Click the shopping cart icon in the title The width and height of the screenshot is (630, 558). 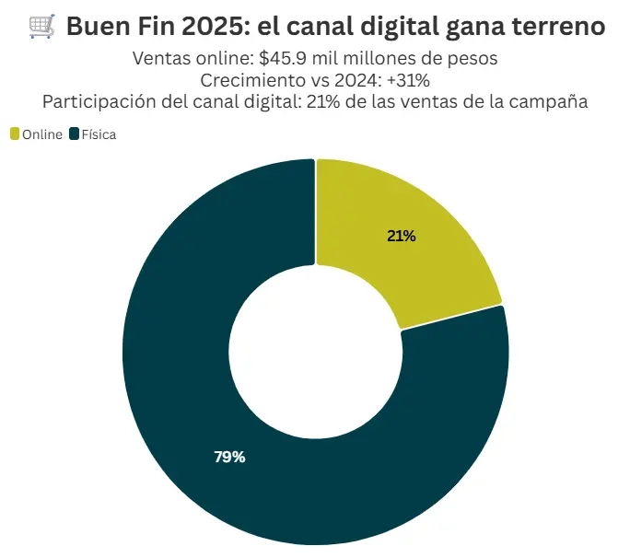pos(41,28)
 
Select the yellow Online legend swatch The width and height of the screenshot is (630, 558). pos(14,134)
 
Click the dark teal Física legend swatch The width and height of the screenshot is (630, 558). pos(74,134)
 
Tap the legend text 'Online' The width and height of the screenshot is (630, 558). pos(42,134)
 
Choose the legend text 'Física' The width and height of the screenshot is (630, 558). pos(99,134)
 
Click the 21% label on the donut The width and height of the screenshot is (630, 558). pos(402,236)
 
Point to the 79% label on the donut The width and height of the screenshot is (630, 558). pos(229,457)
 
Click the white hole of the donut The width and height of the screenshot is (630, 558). pos(315,351)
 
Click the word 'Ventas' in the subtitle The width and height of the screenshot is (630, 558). pos(160,59)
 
